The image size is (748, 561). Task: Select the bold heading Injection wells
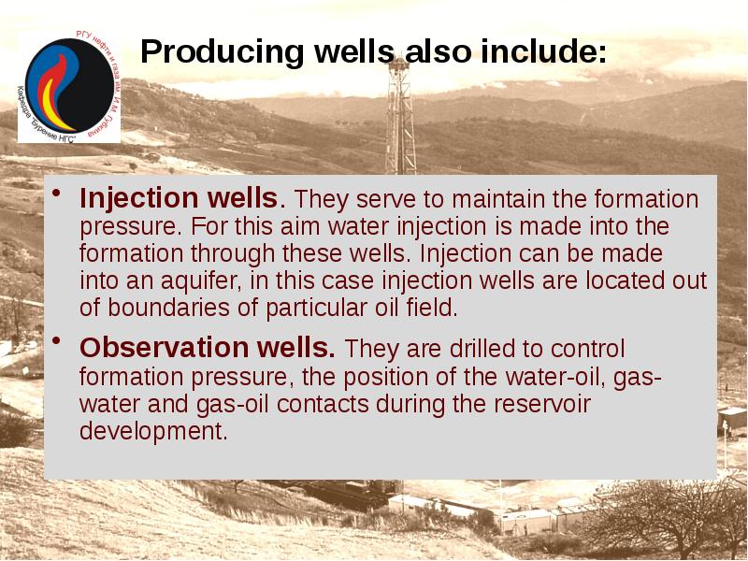pos(179,199)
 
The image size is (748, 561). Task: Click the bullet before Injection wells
pos(56,194)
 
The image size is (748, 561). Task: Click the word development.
pos(153,431)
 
